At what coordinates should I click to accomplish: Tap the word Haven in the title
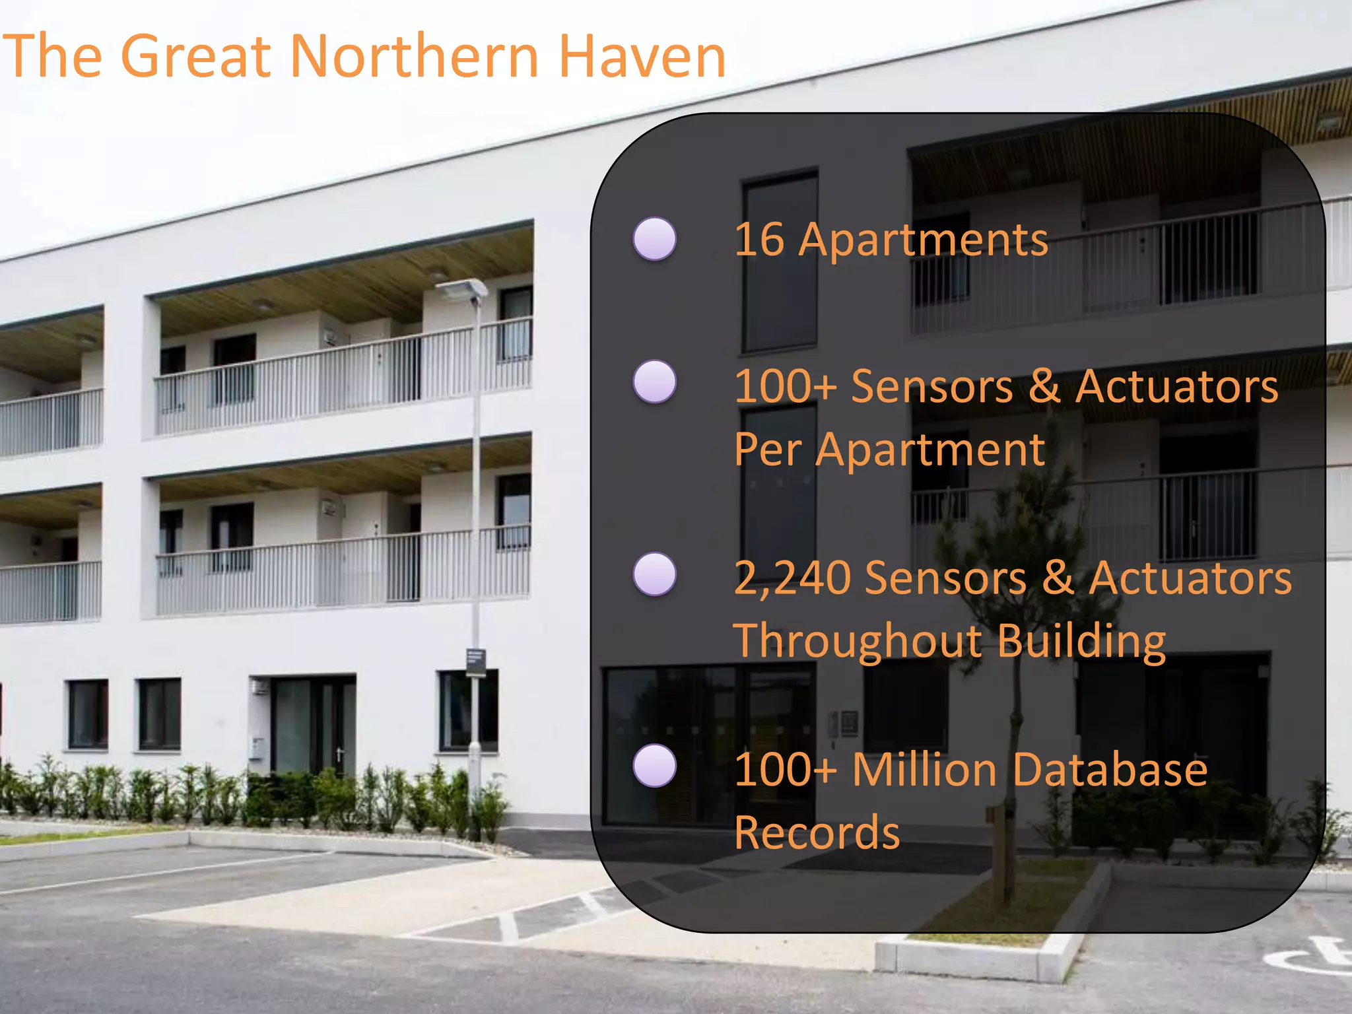click(642, 56)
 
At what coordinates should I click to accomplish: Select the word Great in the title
click(195, 56)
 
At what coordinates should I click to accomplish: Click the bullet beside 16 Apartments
click(654, 238)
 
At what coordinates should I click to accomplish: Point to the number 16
click(759, 239)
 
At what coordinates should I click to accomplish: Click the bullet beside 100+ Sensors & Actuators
click(654, 382)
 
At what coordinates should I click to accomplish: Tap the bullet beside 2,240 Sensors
click(654, 574)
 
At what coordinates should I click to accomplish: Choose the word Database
click(1110, 770)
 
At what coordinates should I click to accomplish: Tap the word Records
click(817, 833)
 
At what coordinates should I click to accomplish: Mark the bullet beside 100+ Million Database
click(654, 766)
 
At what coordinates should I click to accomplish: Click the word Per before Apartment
click(768, 450)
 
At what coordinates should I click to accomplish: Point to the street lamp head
click(462, 288)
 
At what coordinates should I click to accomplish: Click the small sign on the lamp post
click(476, 662)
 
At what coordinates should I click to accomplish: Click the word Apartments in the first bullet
click(923, 240)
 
